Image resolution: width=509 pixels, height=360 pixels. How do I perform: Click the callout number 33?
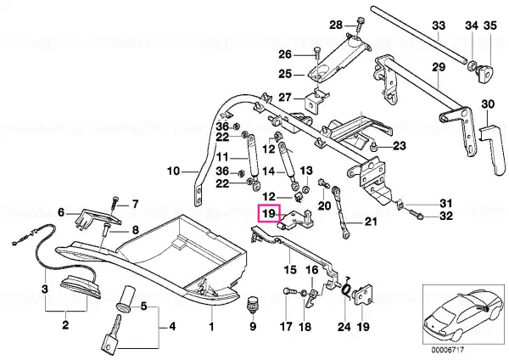439,25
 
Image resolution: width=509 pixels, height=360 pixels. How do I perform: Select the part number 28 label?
336,25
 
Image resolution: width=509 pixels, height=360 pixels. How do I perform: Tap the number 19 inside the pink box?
269,213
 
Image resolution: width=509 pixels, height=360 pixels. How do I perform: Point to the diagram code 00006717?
448,350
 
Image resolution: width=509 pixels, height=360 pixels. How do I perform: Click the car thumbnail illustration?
463,314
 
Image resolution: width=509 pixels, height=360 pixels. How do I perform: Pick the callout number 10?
173,171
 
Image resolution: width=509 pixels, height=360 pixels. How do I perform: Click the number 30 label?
488,104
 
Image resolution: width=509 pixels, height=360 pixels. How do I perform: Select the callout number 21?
371,222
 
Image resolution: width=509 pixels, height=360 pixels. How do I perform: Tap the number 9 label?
253,325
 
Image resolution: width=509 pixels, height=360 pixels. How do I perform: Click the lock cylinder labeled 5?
125,299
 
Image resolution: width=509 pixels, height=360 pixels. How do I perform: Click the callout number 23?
400,145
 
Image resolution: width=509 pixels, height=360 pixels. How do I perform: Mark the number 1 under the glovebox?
211,326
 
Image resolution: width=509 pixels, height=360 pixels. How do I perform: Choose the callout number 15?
290,269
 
